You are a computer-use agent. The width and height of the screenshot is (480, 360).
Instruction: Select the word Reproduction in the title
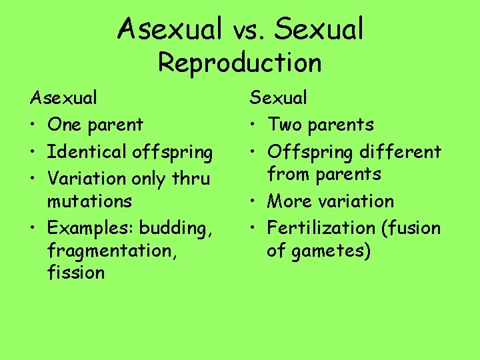tap(240, 63)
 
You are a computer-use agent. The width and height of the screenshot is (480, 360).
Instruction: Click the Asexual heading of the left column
tap(63, 98)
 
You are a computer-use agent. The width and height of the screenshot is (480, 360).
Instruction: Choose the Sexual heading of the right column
tap(279, 98)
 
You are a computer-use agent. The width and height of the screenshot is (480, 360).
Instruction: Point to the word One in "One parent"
tap(63, 125)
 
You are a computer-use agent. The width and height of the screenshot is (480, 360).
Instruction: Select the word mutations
tap(89, 201)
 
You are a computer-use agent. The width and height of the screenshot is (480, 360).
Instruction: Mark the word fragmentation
tap(104, 251)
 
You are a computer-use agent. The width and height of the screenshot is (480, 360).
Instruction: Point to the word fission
tap(76, 273)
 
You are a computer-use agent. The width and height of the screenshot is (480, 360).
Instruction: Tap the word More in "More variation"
tap(287, 201)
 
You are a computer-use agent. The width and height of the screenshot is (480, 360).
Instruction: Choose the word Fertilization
tap(323, 228)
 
